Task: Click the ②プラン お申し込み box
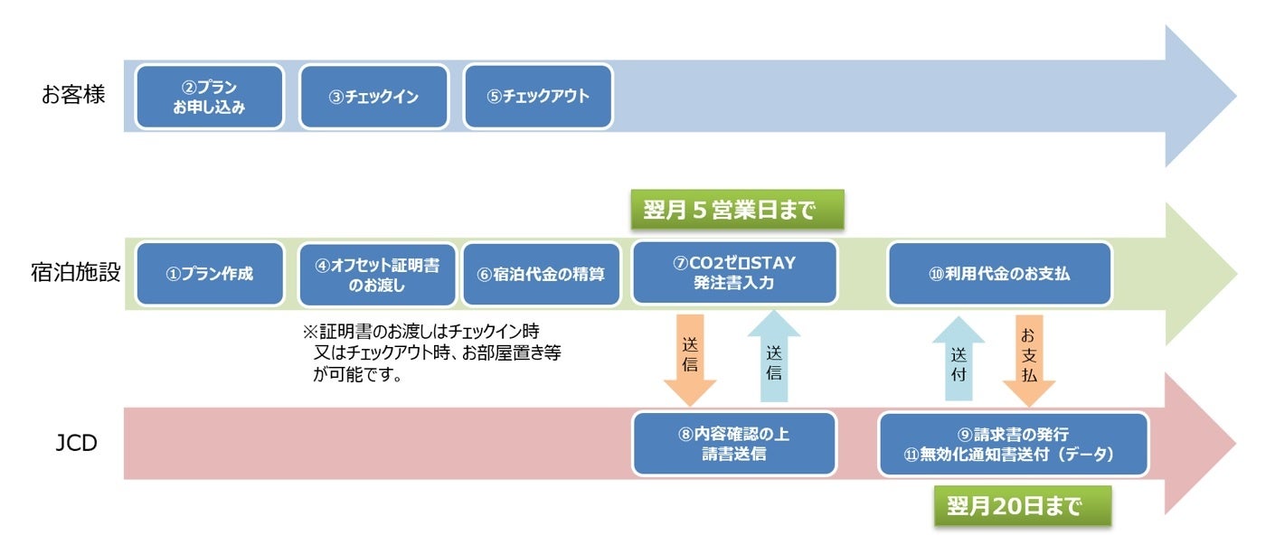click(x=210, y=97)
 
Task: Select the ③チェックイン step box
click(x=373, y=97)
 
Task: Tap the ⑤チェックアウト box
click(x=538, y=97)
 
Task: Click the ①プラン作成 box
click(x=210, y=274)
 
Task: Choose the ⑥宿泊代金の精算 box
click(x=542, y=274)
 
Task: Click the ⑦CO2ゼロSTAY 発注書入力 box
click(x=734, y=273)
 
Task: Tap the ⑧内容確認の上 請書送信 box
click(x=733, y=443)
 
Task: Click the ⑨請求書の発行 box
click(x=1013, y=444)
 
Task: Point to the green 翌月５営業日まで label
click(x=737, y=211)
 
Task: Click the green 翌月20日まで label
click(x=1022, y=506)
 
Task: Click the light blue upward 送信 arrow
click(x=774, y=358)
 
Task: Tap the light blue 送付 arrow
click(x=959, y=359)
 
